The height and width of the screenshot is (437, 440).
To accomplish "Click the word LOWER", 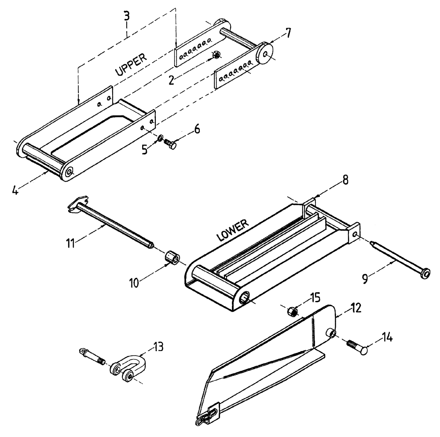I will pyautogui.click(x=233, y=230).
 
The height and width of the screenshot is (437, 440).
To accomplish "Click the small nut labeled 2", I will pyautogui.click(x=216, y=55).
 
